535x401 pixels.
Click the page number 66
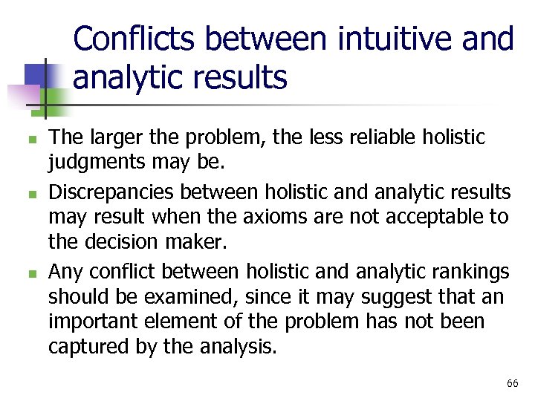[512, 383]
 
